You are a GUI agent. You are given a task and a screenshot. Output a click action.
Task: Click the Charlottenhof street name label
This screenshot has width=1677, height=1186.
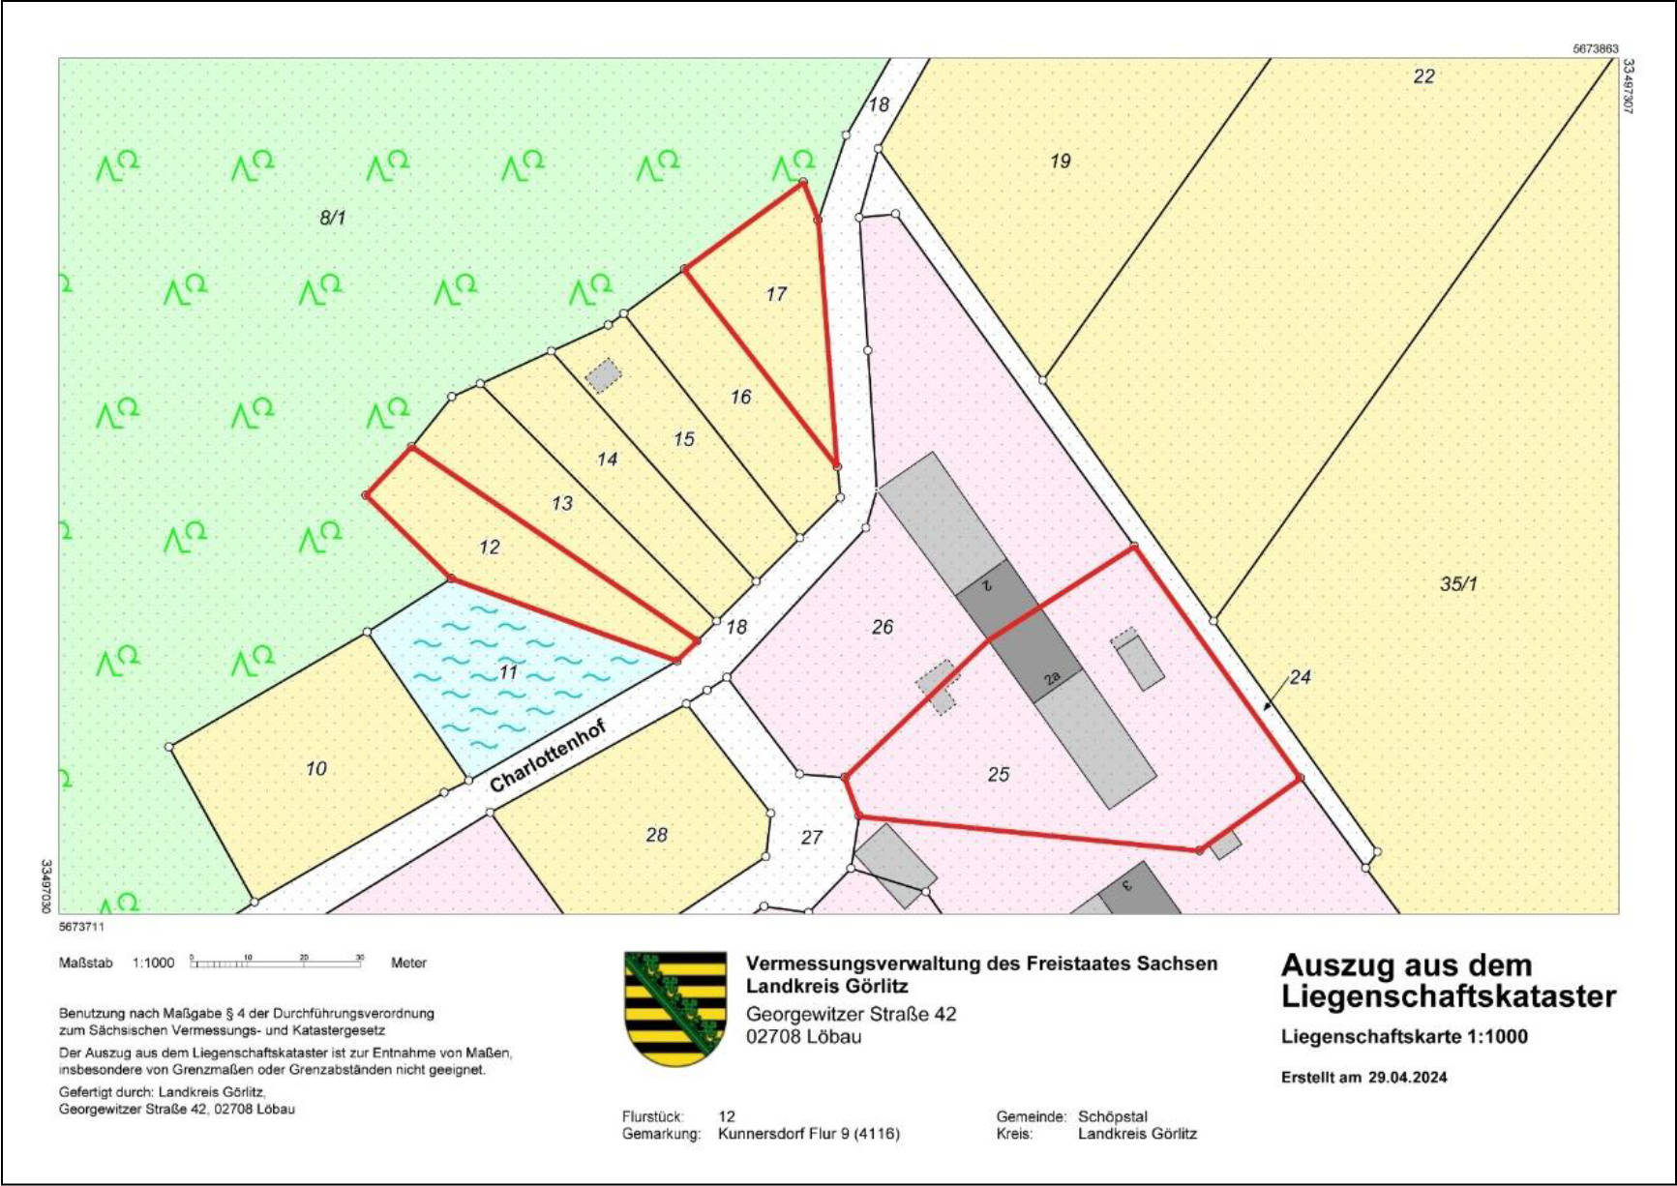[x=548, y=756]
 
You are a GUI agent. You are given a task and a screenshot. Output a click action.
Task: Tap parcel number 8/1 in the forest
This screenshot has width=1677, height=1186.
[x=332, y=218]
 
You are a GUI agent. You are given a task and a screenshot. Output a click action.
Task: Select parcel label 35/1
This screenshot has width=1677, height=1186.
[x=1458, y=583]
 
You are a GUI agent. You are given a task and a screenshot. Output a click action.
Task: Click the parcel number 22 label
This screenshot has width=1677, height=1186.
[x=1423, y=76]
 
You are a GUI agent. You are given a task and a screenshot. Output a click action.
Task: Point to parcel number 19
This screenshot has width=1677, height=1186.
[x=1061, y=161]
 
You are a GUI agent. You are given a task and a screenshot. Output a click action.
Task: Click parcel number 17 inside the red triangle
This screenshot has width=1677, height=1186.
[x=776, y=294]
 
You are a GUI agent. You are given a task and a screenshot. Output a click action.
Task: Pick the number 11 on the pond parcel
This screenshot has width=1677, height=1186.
[x=509, y=671]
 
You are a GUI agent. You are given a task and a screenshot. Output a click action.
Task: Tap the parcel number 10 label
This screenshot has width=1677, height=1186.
[x=316, y=768]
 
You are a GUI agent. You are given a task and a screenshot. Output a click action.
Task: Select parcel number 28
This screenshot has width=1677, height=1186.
[x=656, y=834]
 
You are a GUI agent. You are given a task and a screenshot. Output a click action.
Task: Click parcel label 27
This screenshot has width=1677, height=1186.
[x=811, y=837]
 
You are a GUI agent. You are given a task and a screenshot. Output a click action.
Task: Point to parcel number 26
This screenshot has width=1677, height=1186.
[x=882, y=627]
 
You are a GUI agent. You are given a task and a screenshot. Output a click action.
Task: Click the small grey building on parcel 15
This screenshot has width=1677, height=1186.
[x=604, y=375]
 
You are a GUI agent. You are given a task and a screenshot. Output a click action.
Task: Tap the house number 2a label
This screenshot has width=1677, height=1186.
[x=1053, y=678]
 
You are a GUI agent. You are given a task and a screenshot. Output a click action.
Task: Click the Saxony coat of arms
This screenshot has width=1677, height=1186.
[x=675, y=1008]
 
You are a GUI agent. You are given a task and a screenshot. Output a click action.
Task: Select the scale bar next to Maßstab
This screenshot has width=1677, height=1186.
[x=277, y=963]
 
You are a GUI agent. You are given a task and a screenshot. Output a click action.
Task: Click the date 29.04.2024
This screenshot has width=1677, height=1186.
[x=1407, y=1077]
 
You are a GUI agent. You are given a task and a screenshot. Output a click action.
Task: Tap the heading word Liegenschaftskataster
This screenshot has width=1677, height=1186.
[x=1448, y=996]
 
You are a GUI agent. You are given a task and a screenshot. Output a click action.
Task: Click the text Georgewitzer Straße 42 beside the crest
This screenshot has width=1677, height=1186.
[x=851, y=1014]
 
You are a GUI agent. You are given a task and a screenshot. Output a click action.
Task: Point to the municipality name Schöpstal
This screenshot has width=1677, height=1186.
[x=1113, y=1116]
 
